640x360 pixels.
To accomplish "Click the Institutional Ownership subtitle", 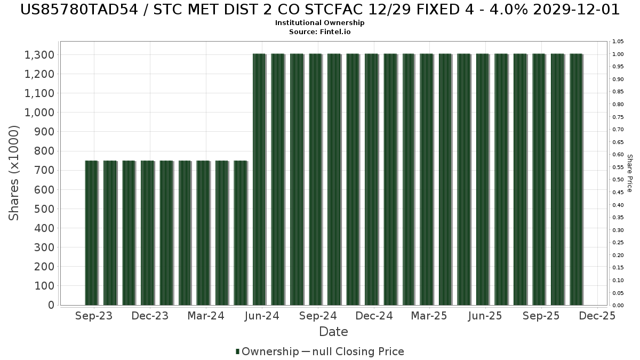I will point(320,23).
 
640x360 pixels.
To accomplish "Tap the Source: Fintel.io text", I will point(320,31).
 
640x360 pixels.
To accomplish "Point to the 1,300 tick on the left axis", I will point(39,55).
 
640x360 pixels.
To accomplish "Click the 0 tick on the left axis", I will point(51,305).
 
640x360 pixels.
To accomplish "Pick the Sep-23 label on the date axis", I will point(94,316).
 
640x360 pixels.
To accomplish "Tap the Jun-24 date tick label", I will point(262,316).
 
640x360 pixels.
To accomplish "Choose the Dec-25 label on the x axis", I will point(597,316).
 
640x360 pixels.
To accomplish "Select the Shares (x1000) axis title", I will point(14,173).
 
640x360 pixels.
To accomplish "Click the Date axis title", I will point(333,332).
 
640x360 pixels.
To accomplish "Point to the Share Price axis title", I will point(629,173).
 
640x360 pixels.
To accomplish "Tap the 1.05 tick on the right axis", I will point(618,42).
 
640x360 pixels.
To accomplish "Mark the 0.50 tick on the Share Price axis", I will point(618,180).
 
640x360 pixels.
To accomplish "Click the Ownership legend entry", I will point(267,351).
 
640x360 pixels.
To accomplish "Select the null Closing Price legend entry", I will point(353,351).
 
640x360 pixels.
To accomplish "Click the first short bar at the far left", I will point(91,233).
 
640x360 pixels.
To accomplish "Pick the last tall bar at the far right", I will point(576,179).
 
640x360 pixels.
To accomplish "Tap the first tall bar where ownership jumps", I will point(259,179).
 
